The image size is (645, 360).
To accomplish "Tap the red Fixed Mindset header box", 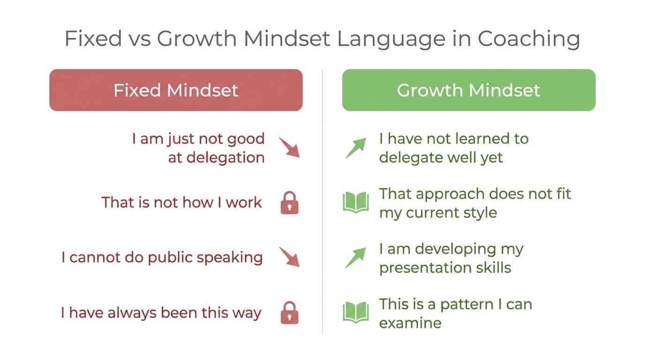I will pyautogui.click(x=176, y=90).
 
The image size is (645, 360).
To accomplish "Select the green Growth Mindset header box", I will pyautogui.click(x=469, y=90).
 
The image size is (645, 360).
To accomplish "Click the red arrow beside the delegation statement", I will pyautogui.click(x=289, y=147).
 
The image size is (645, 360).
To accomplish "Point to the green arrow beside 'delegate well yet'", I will pyautogui.click(x=356, y=148).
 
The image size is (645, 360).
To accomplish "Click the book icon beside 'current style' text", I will pyautogui.click(x=356, y=203).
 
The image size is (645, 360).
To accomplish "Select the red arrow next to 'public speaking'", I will pyautogui.click(x=289, y=257).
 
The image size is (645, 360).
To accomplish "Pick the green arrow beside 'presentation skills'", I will pyautogui.click(x=356, y=257).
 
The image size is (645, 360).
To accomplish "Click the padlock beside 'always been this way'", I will pyautogui.click(x=289, y=313).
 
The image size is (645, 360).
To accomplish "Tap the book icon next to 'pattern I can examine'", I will pyautogui.click(x=356, y=313).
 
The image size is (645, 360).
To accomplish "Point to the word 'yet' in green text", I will pyautogui.click(x=492, y=157).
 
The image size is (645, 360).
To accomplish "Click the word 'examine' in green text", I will pyautogui.click(x=410, y=323).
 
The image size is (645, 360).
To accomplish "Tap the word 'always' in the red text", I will pyautogui.click(x=132, y=313).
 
